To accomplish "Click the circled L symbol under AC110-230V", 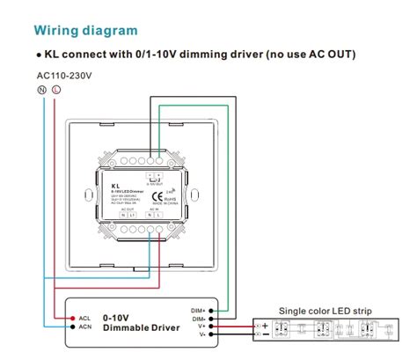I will pyautogui.click(x=55, y=91).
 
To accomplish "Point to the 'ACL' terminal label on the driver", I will pyautogui.click(x=84, y=318).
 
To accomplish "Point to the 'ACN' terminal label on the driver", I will pyautogui.click(x=84, y=328).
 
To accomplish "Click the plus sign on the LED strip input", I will pyautogui.click(x=265, y=325).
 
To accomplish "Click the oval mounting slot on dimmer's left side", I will pyautogui.click(x=87, y=194).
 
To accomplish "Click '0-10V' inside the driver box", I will pyautogui.click(x=118, y=317).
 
